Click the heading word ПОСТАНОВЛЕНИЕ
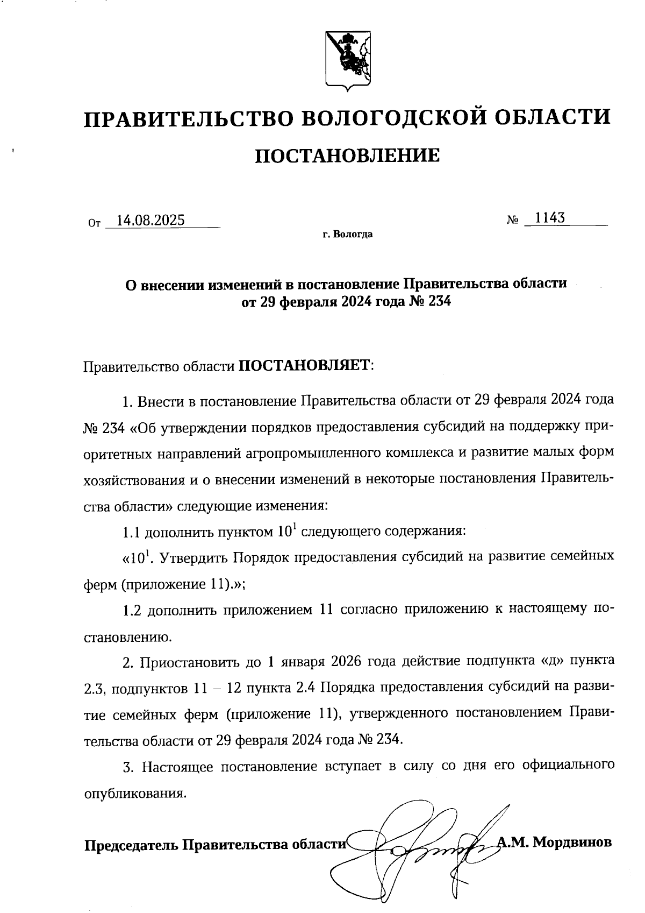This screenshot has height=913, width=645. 347,156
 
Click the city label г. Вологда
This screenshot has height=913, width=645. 347,235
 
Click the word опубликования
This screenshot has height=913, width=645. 136,794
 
